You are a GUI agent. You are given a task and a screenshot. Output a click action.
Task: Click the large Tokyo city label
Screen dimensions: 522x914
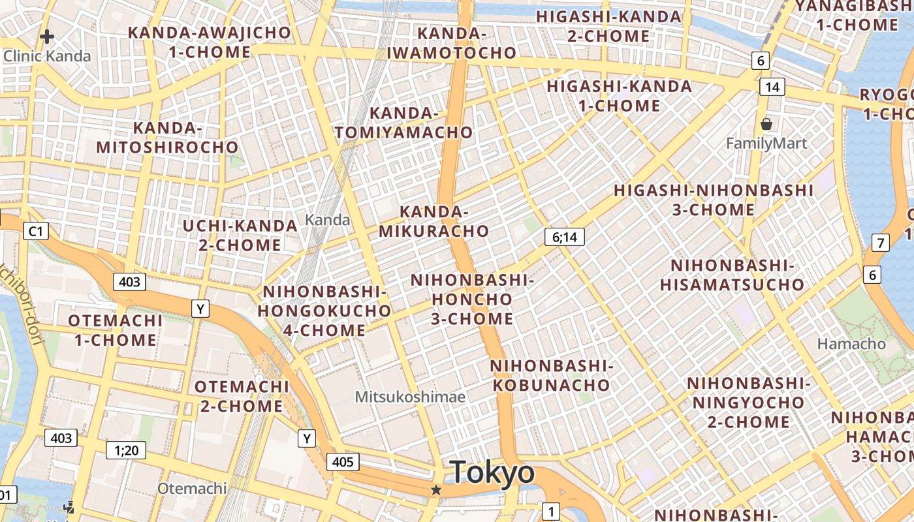[492, 472]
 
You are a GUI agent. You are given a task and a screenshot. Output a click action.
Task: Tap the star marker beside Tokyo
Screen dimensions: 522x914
[436, 489]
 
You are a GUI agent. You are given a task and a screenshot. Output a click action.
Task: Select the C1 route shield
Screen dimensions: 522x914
[36, 230]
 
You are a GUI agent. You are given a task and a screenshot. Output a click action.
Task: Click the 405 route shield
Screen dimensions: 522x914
[342, 463]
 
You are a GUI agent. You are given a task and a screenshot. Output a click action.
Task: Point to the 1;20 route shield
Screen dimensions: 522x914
[127, 450]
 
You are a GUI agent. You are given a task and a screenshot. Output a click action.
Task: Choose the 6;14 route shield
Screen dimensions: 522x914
[564, 237]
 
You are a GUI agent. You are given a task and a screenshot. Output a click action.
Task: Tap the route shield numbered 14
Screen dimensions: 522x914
[772, 87]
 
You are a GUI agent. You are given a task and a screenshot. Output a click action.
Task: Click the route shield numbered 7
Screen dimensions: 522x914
[881, 243]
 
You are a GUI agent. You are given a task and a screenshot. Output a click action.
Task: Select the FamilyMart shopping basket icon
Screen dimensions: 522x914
[766, 124]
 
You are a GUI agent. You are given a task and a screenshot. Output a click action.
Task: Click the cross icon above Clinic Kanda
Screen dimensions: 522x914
[46, 37]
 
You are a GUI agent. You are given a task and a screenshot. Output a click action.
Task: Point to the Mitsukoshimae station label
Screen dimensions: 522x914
[410, 397]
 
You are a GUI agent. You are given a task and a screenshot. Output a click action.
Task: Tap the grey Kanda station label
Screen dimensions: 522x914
[328, 220]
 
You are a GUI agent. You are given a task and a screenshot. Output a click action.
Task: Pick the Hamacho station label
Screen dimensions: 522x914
[851, 344]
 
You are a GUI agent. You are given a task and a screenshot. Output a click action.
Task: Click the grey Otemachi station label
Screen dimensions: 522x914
[192, 488]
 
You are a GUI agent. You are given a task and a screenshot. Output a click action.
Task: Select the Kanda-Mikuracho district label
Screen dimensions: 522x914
[433, 221]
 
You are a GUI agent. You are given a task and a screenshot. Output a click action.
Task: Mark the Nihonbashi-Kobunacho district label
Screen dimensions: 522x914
[551, 375]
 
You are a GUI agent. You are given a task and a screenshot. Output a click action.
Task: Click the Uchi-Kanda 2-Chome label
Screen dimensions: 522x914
[240, 236]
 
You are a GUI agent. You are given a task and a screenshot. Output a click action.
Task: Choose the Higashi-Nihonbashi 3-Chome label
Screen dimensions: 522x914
[713, 200]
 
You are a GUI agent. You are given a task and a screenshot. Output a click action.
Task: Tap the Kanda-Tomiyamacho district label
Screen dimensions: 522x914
[403, 123]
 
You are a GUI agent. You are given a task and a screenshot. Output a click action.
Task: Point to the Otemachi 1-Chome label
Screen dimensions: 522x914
[116, 330]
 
